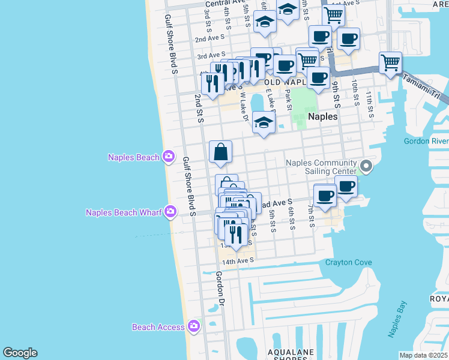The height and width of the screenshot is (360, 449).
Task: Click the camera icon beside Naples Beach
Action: [x=169, y=157]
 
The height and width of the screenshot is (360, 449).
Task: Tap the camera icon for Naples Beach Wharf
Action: [x=171, y=211]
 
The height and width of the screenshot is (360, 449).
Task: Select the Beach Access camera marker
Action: [x=193, y=326]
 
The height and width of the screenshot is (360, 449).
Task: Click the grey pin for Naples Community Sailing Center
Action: [x=366, y=166]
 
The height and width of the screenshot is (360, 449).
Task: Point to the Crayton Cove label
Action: [x=348, y=262]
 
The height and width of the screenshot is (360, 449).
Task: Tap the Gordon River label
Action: [x=426, y=141]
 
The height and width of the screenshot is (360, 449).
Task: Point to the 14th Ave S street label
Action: [x=238, y=260]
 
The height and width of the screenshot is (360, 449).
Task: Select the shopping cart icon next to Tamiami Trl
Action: [x=390, y=62]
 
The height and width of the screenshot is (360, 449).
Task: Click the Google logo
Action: [x=20, y=353]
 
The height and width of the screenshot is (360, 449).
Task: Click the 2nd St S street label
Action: [x=199, y=107]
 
